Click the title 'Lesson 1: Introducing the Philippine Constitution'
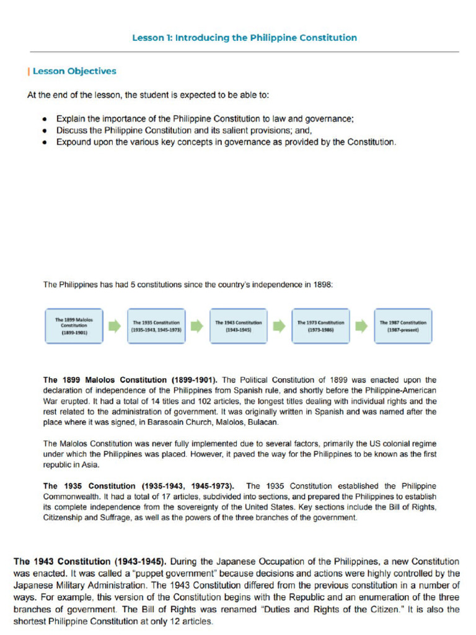[244, 38]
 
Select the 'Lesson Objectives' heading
[74, 71]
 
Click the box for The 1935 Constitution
[156, 326]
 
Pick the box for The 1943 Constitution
[238, 326]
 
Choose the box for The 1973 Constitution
[320, 326]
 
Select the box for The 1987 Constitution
[403, 326]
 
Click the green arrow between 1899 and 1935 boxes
[115, 326]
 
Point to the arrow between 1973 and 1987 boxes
[361, 326]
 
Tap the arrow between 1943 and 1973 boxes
[280, 326]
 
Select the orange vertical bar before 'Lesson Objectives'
[29, 71]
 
